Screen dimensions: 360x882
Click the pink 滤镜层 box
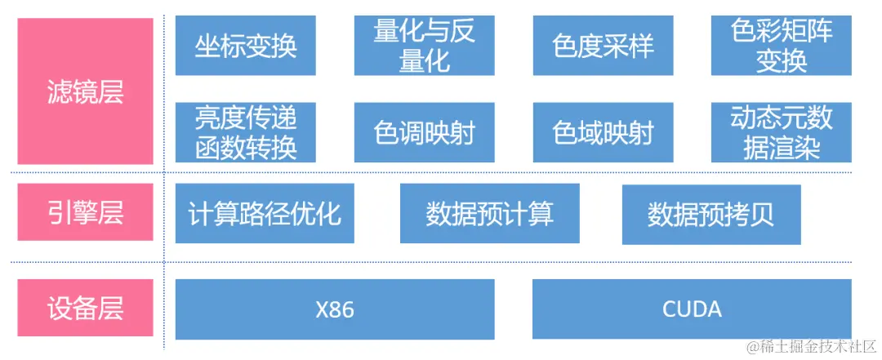point(85,91)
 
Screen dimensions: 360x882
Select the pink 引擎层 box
point(85,212)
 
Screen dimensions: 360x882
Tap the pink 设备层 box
point(85,309)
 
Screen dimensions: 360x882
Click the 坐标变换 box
point(246,46)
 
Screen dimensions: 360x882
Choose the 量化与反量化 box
point(424,46)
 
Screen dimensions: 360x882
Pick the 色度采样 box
point(603,46)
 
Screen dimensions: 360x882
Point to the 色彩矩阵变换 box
point(782,46)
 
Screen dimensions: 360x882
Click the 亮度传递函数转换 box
point(246,132)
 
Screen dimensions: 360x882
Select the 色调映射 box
point(424,132)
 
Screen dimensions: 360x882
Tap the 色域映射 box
point(603,132)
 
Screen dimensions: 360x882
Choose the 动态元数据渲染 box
point(782,132)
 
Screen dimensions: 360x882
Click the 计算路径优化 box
point(265,213)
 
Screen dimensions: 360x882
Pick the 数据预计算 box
point(489,213)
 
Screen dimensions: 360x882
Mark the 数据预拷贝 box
point(711,214)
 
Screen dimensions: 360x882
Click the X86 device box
point(335,309)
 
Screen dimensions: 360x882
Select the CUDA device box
point(692,309)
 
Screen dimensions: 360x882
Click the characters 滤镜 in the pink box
point(73,91)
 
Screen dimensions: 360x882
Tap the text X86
point(335,310)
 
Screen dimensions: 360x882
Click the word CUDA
point(692,310)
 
